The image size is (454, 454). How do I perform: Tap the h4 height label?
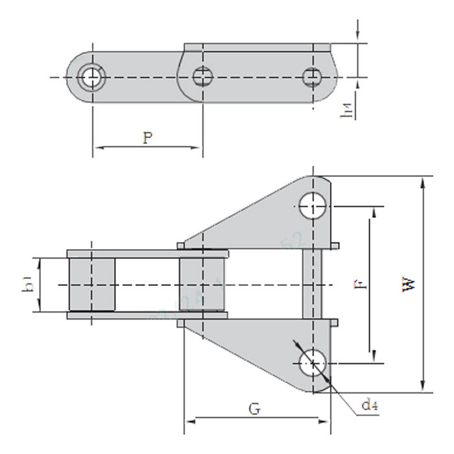coord(350,111)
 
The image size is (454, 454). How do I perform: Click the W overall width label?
coord(409,283)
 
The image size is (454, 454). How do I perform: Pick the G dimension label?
coord(255,409)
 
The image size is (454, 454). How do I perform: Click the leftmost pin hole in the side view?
coord(90,77)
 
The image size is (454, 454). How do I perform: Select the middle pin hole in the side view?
coord(203,77)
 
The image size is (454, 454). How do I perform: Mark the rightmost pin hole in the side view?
coord(312,77)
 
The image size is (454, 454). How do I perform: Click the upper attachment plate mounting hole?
coord(313,207)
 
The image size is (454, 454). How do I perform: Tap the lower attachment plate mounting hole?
coord(313,363)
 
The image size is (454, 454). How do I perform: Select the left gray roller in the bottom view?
coord(91,285)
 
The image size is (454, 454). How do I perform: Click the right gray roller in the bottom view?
coord(203,285)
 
